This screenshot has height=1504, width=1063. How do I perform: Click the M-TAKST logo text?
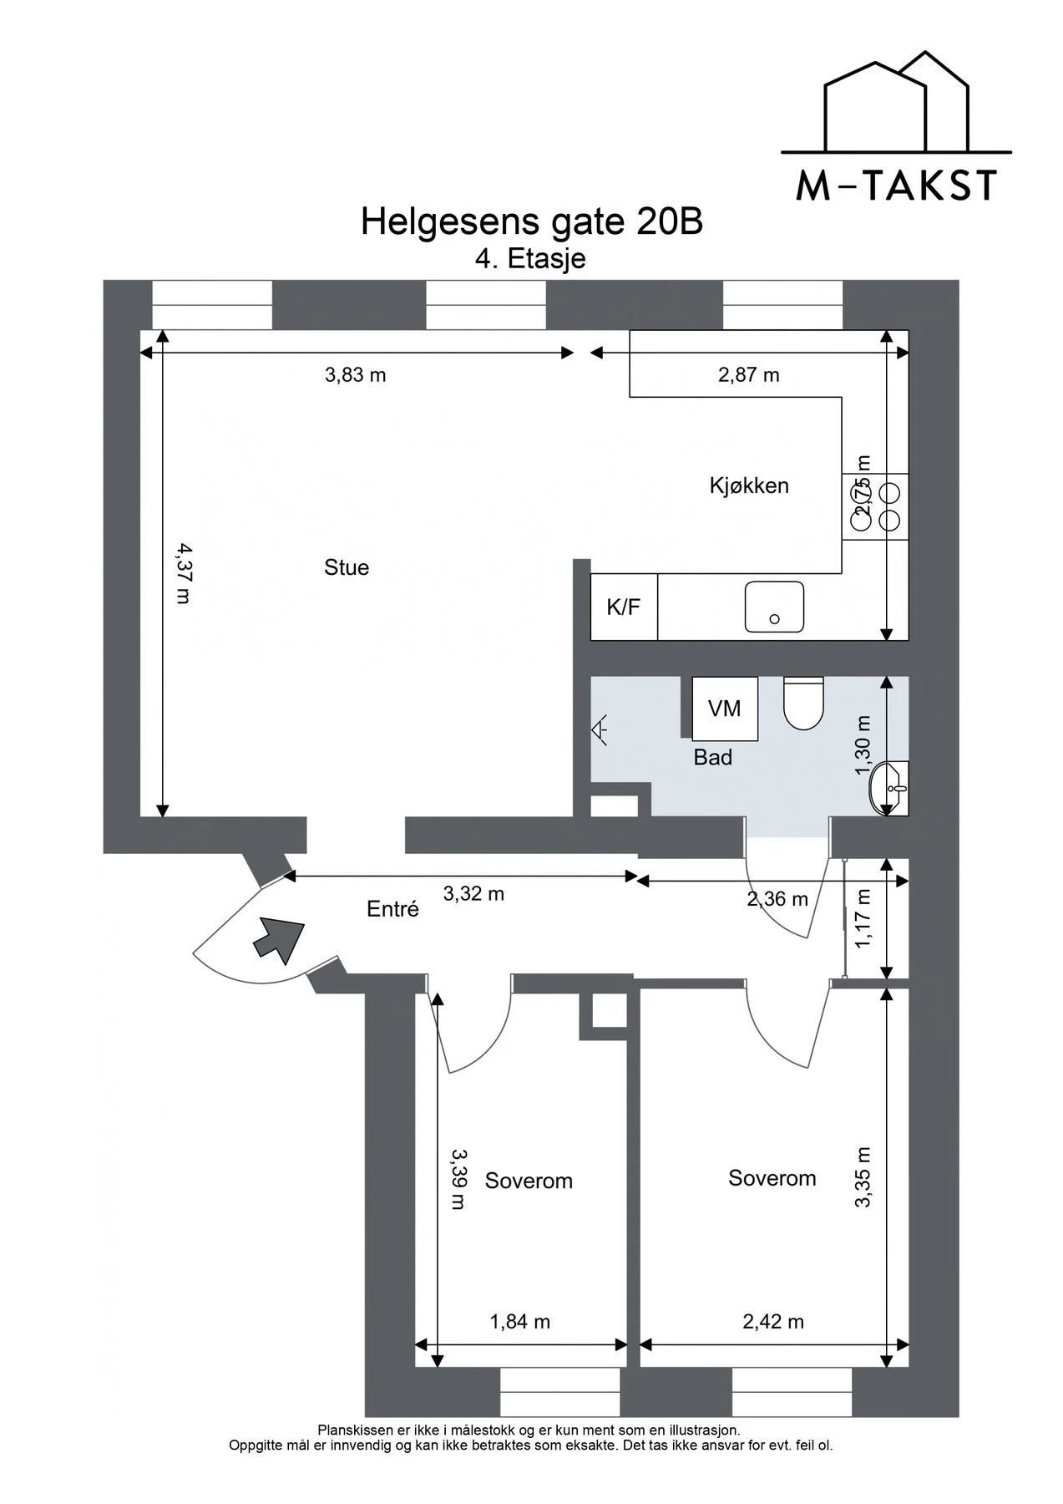[x=896, y=185]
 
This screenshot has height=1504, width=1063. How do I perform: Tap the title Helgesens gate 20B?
[x=532, y=221]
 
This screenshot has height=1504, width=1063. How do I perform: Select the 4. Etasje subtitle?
[x=530, y=258]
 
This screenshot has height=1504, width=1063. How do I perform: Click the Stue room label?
[x=347, y=568]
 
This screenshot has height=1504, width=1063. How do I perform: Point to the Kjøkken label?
[x=749, y=485]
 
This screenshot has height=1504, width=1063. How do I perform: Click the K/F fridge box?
[x=624, y=607]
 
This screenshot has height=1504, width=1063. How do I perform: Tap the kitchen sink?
[x=774, y=607]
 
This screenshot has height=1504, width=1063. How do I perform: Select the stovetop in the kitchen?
[x=875, y=506]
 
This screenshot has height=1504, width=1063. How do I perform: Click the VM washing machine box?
[x=725, y=709]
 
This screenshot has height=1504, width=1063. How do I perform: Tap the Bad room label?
[x=712, y=758]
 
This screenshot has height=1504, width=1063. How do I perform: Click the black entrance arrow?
[x=278, y=938]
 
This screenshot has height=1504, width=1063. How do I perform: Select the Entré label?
[x=392, y=909]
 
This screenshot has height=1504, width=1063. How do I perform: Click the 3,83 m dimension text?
[x=356, y=375]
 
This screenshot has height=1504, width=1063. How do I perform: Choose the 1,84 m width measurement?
[x=519, y=1321]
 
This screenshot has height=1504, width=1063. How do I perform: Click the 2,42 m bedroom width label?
[x=773, y=1321]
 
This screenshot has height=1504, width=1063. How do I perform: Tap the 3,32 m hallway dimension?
[x=473, y=894]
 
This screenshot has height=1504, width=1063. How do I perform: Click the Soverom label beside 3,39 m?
[x=529, y=1181]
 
